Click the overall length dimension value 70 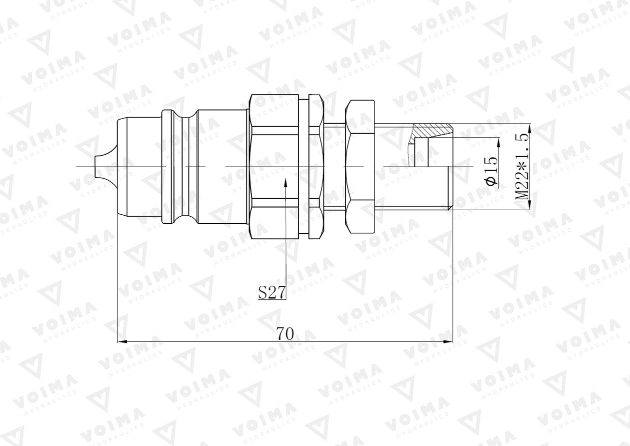coord(285,333)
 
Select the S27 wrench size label coord(272,292)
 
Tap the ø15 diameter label coord(492,171)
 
